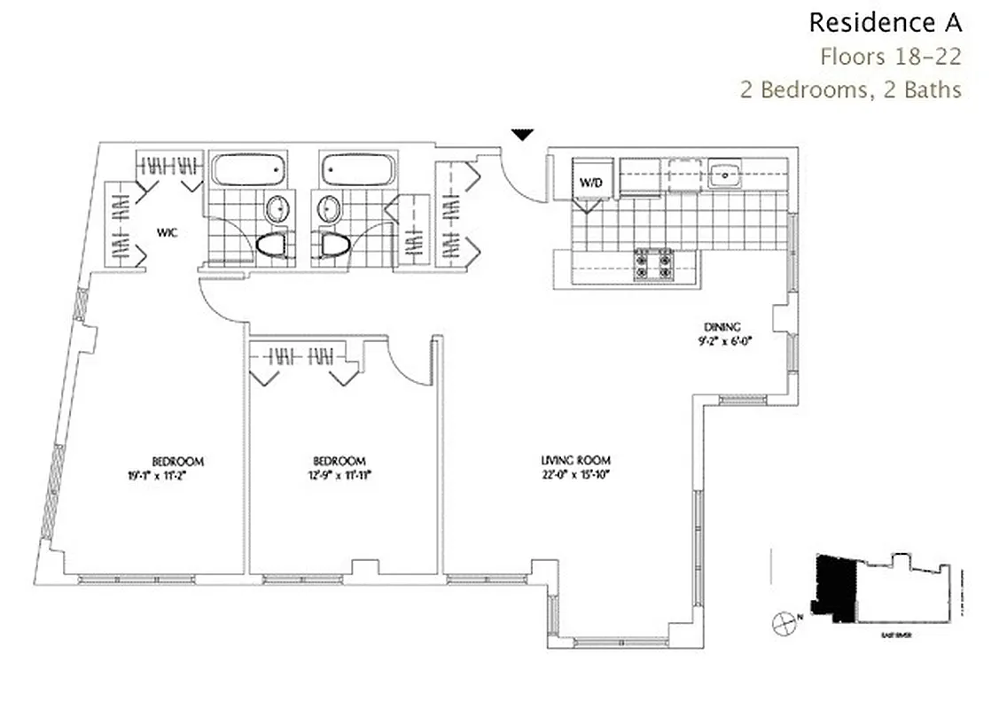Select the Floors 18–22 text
pyautogui.click(x=890, y=57)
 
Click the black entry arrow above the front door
pyautogui.click(x=523, y=135)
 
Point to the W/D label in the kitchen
pyautogui.click(x=590, y=182)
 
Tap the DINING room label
pyautogui.click(x=722, y=325)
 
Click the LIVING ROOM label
pyautogui.click(x=576, y=460)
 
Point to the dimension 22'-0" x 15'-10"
pyautogui.click(x=576, y=475)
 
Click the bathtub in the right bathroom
pyautogui.click(x=354, y=169)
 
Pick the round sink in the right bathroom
pyautogui.click(x=329, y=210)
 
